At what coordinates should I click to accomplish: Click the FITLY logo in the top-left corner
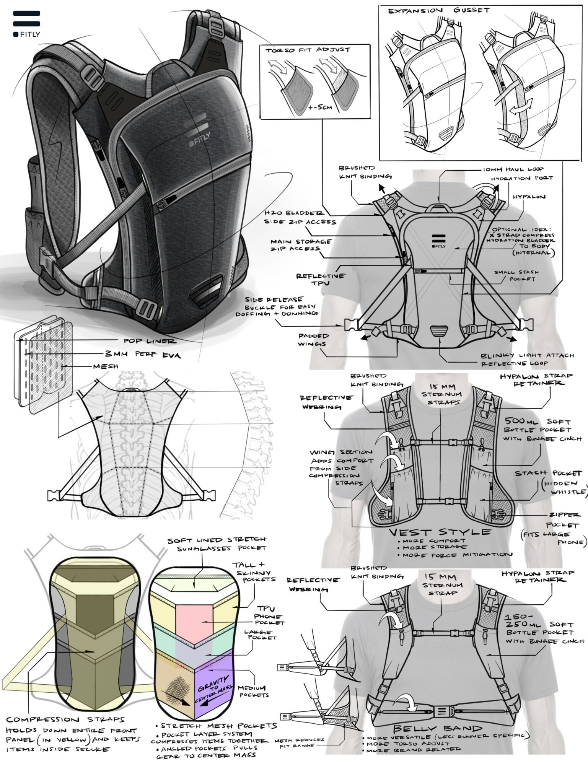[x=26, y=23]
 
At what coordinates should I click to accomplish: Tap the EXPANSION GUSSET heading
[x=438, y=11]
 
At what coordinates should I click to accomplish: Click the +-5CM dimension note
[x=320, y=107]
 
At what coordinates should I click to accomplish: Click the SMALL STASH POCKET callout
[x=516, y=276]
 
